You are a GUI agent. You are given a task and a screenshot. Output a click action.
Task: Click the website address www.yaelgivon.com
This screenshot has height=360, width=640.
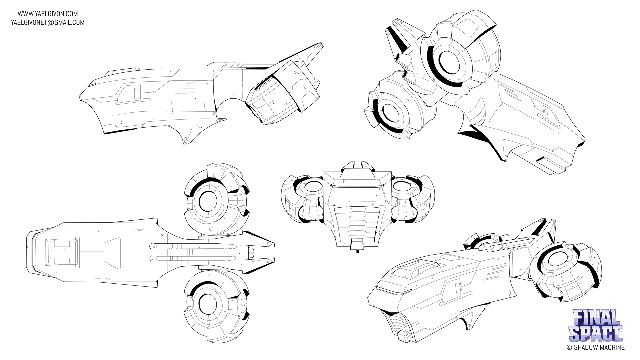pyautogui.click(x=48, y=14)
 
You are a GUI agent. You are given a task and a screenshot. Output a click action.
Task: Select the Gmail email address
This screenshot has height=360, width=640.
pyautogui.click(x=48, y=22)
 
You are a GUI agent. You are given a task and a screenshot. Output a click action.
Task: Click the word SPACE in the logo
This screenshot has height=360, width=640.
pyautogui.click(x=596, y=333)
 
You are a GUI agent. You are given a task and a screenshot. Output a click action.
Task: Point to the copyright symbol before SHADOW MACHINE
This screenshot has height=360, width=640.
pyautogui.click(x=569, y=347)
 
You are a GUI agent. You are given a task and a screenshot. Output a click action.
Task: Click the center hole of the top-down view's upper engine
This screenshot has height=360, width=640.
pyautogui.click(x=208, y=201)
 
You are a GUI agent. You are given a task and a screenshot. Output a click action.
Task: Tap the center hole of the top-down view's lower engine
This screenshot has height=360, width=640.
pyautogui.click(x=208, y=304)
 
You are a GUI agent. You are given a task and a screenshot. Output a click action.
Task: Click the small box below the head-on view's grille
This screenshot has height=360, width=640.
pyautogui.click(x=357, y=244)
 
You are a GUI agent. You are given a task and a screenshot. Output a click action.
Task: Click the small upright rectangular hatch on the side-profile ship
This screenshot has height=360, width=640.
pyautogui.click(x=137, y=93)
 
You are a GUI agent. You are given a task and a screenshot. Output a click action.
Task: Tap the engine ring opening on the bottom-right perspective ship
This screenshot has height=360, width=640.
pyautogui.click(x=558, y=258)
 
